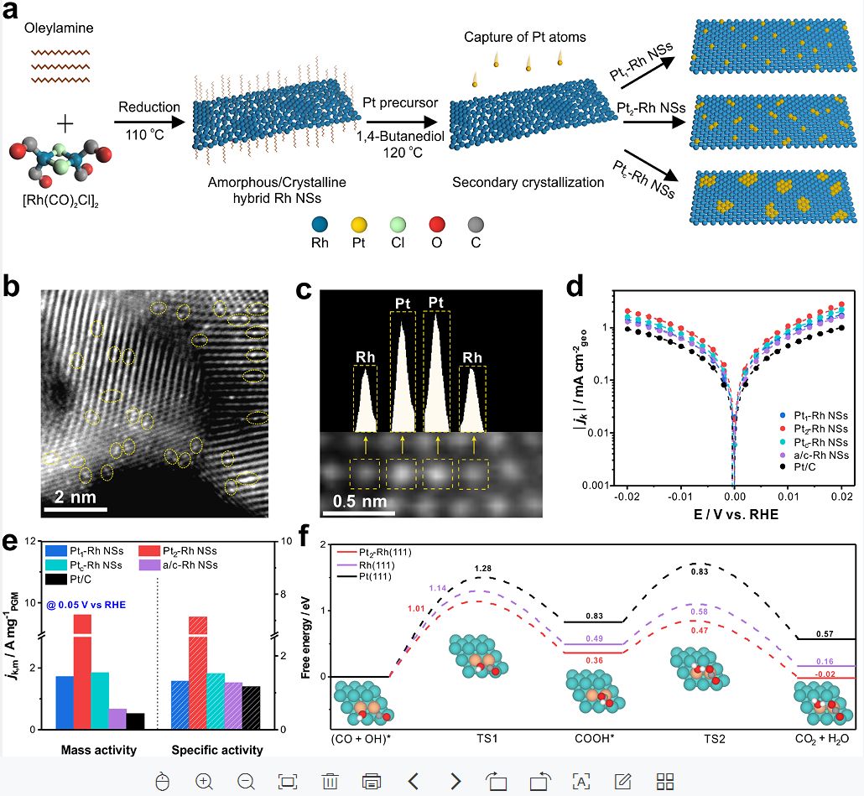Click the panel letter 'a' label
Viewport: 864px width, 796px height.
tap(13, 13)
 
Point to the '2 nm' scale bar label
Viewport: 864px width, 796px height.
tap(75, 495)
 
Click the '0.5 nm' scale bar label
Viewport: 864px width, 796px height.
tap(360, 504)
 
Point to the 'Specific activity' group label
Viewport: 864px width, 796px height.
tap(216, 749)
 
